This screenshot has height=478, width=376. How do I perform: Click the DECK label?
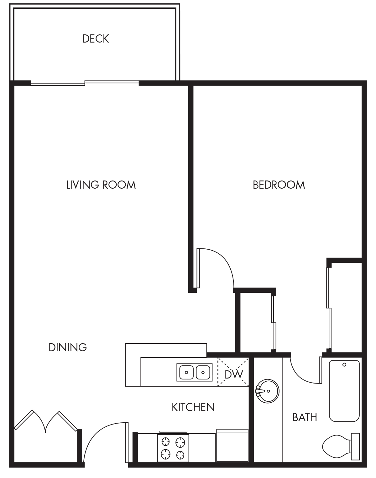tap(96, 39)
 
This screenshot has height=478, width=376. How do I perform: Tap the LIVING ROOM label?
tap(101, 185)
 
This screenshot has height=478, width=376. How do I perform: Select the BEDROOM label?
tap(279, 185)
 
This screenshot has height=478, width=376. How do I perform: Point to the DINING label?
tap(68, 347)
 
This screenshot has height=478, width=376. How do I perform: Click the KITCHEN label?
tap(193, 407)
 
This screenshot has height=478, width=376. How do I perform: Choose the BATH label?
tap(305, 417)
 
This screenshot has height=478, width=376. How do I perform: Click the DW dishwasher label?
tap(234, 374)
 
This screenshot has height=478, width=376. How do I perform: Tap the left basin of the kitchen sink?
tap(186, 372)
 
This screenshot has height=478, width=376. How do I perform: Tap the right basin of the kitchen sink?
tap(203, 372)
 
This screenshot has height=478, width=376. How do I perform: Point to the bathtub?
tap(344, 391)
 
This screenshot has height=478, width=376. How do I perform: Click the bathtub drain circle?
tap(344, 365)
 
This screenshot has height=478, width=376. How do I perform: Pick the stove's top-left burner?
tap(165, 442)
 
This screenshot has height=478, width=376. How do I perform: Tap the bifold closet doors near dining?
tap(46, 421)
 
